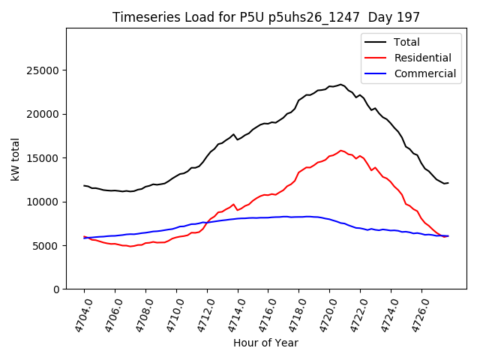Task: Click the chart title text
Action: pos(266,16)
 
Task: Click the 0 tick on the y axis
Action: pos(56,289)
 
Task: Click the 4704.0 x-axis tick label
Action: pos(79,313)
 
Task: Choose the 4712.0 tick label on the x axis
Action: pos(202,313)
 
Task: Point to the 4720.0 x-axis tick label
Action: pos(324,313)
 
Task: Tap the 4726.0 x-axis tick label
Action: pos(416,313)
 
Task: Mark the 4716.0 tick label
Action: pos(262,313)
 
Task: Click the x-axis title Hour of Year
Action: pos(265,343)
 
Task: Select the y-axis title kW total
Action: pos(15,158)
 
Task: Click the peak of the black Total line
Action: pos(340,84)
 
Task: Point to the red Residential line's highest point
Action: pos(341,150)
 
